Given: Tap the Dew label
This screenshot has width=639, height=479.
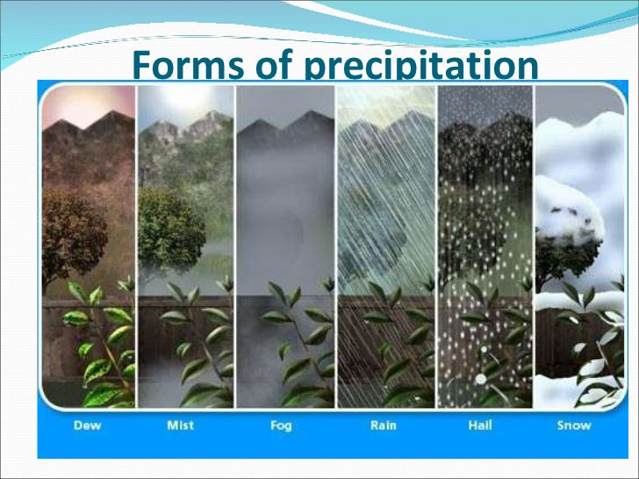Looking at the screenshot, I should pos(86,425).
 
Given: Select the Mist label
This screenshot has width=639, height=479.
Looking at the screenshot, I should pos(181,425).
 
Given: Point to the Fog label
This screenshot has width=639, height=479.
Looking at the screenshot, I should pos(282,425).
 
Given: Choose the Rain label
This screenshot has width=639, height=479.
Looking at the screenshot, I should pos(383,425).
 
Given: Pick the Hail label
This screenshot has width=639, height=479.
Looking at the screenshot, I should pos(479,425).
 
